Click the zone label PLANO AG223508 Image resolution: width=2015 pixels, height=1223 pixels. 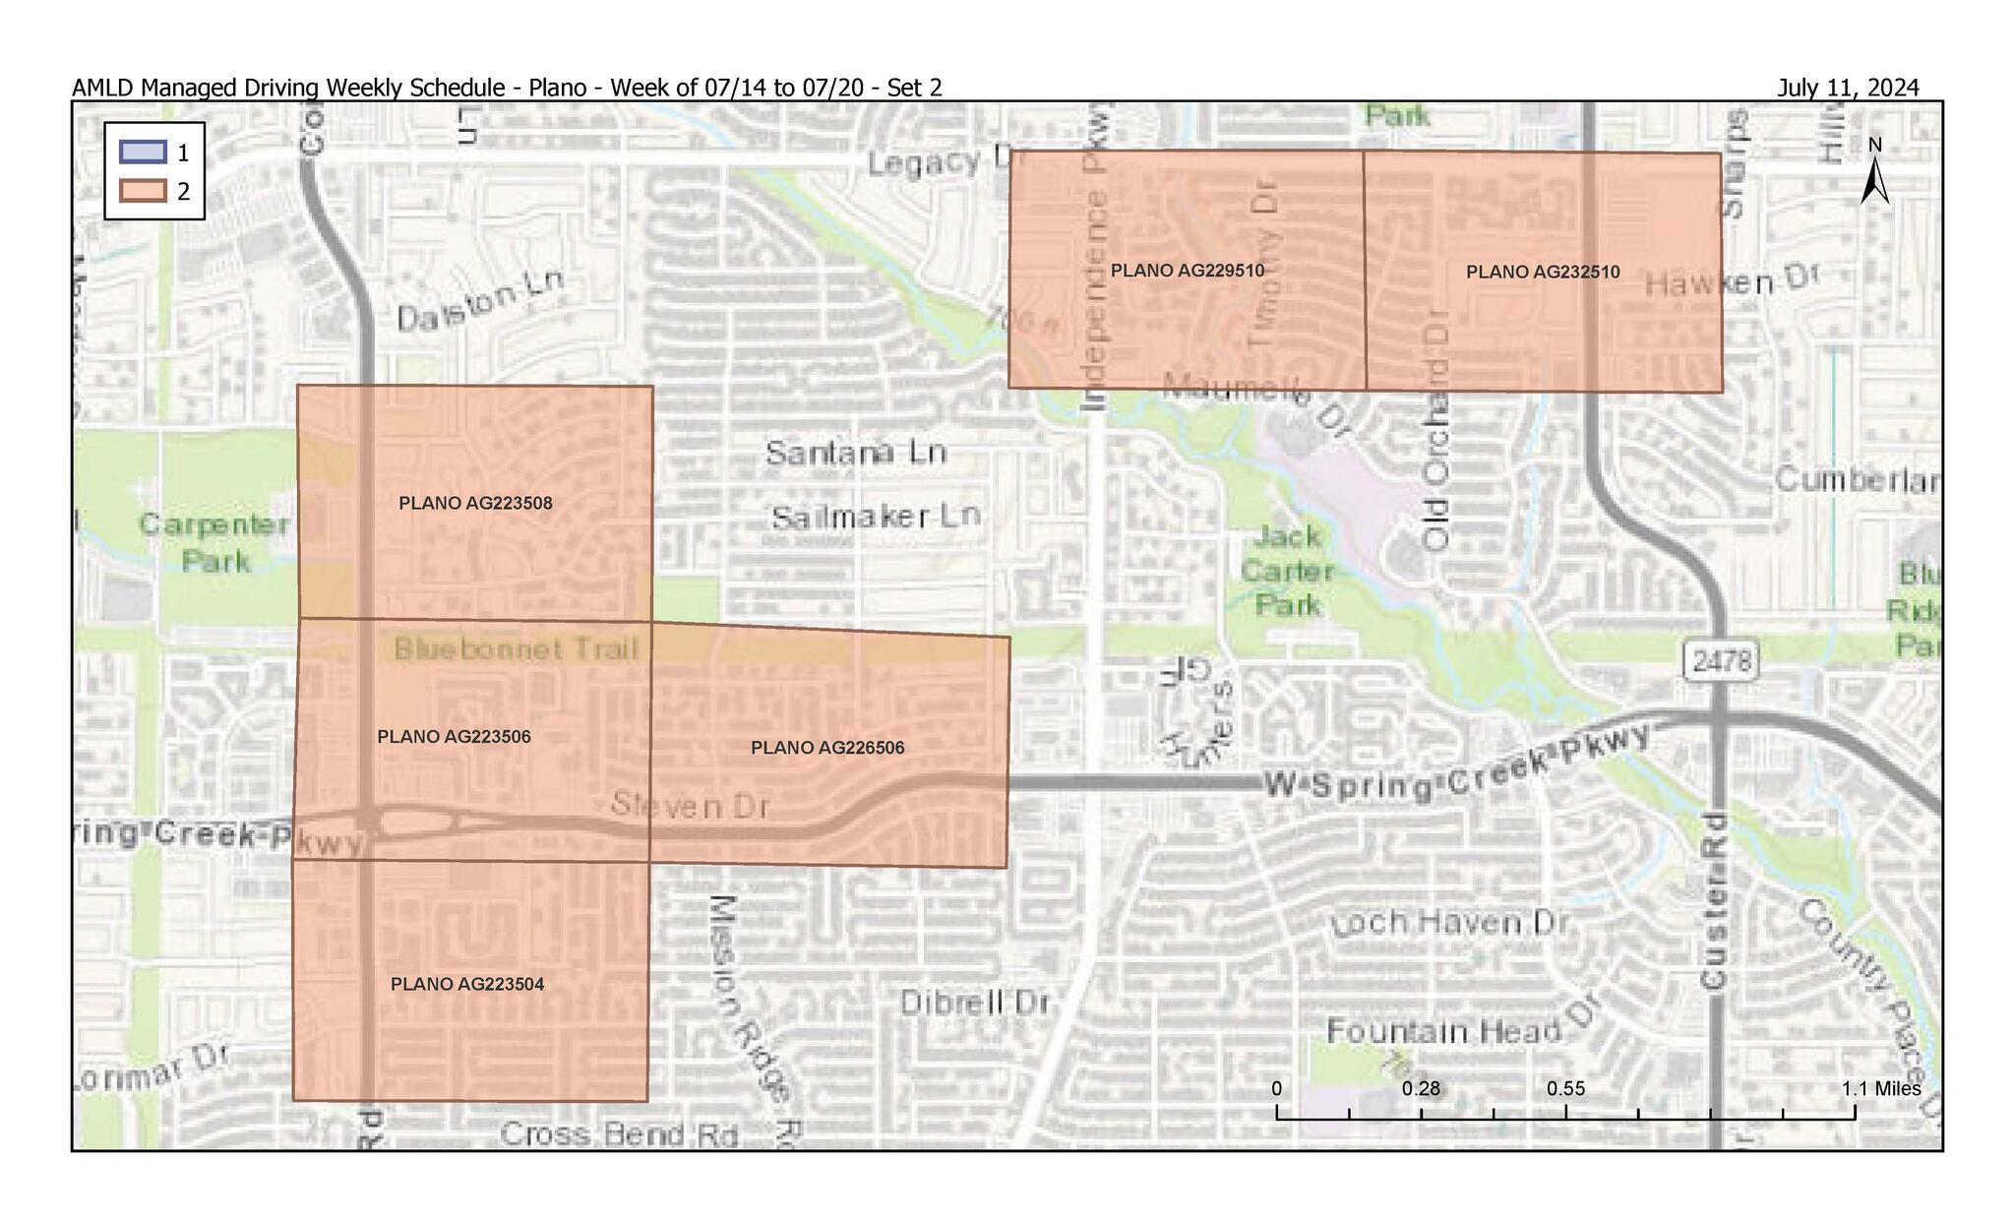tap(475, 504)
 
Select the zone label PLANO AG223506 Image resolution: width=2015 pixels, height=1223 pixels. tap(454, 737)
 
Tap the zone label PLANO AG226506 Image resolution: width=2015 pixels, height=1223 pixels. tap(827, 748)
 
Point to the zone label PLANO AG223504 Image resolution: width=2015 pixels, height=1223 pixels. tap(467, 984)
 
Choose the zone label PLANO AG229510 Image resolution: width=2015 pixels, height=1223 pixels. tap(1187, 271)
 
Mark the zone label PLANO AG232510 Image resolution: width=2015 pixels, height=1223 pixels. tap(1542, 273)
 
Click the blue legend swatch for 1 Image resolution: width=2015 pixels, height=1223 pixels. tap(143, 153)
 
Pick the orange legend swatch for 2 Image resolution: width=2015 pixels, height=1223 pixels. tap(143, 191)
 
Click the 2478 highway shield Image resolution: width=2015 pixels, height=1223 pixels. tap(1722, 661)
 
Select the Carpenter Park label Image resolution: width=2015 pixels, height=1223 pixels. tap(214, 542)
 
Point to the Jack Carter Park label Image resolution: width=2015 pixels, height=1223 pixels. tap(1287, 571)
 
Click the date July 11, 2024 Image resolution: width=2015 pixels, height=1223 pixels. tap(1847, 88)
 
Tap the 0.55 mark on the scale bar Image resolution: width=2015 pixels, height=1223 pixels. tap(1565, 1089)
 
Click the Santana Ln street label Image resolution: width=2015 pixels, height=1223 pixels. tap(856, 453)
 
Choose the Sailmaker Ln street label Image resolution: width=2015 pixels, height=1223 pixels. tap(876, 517)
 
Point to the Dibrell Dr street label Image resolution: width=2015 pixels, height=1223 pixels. tap(975, 1004)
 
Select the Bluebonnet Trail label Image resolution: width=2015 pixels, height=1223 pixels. tap(516, 649)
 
